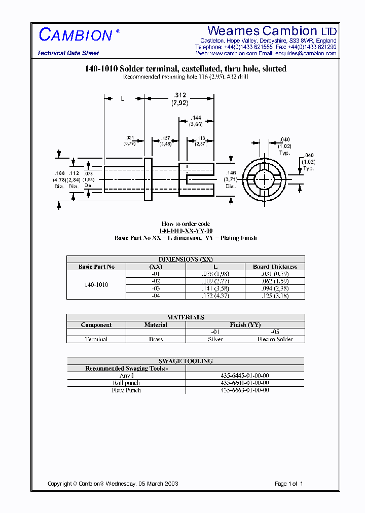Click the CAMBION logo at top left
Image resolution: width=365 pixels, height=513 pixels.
click(76, 35)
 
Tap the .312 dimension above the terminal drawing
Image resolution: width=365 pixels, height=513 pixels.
click(179, 95)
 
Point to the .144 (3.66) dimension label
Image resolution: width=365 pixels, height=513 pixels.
click(196, 121)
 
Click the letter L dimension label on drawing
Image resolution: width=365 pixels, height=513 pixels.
click(122, 99)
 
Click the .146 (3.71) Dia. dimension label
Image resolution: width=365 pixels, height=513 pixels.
click(231, 179)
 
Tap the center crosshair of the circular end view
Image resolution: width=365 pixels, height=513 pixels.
click(264, 180)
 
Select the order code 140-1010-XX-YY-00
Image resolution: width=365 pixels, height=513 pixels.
click(186, 231)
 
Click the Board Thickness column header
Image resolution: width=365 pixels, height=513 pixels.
click(275, 267)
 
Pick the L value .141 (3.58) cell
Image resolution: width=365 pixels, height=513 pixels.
click(215, 288)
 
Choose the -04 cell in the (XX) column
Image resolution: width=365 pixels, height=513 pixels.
click(156, 295)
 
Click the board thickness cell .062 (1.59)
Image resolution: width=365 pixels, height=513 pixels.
click(275, 281)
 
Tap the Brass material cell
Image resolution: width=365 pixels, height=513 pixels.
click(156, 339)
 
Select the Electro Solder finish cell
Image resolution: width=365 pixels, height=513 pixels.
click(275, 339)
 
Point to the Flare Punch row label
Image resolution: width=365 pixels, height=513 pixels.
click(126, 390)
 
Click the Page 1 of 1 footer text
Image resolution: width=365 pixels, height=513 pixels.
click(288, 484)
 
